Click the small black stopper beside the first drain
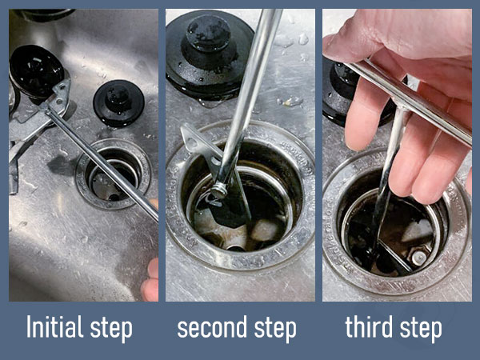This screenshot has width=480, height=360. click(118, 102)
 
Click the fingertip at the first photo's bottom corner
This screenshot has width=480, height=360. click(150, 288)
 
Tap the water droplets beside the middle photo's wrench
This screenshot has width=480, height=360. click(290, 100)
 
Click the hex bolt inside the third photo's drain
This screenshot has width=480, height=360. click(419, 258)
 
